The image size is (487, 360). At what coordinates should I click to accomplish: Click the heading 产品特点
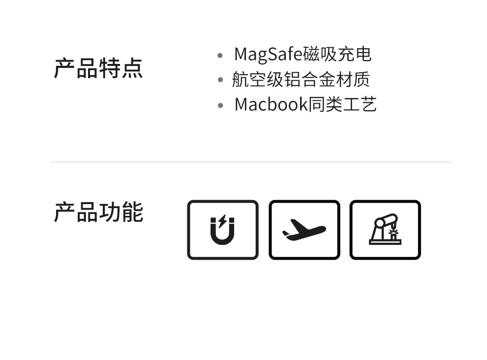coord(98,68)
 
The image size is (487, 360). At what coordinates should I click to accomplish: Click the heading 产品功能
coord(98,212)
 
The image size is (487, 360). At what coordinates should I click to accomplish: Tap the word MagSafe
coord(268,54)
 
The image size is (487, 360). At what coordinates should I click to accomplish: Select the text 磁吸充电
coord(337,54)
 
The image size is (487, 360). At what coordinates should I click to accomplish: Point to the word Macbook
coord(271,104)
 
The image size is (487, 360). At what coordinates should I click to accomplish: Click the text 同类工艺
coord(342,104)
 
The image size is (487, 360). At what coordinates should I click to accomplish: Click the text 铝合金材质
coord(327,80)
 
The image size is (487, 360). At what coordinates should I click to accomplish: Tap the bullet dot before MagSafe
coord(220,55)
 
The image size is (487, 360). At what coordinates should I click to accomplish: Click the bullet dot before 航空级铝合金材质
coord(220,80)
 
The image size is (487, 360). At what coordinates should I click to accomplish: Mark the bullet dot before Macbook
coord(220,105)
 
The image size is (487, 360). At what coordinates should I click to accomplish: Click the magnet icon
coord(222,230)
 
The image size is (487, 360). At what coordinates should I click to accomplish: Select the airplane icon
coord(304,230)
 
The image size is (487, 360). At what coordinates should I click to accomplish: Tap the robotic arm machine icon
coord(385,230)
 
